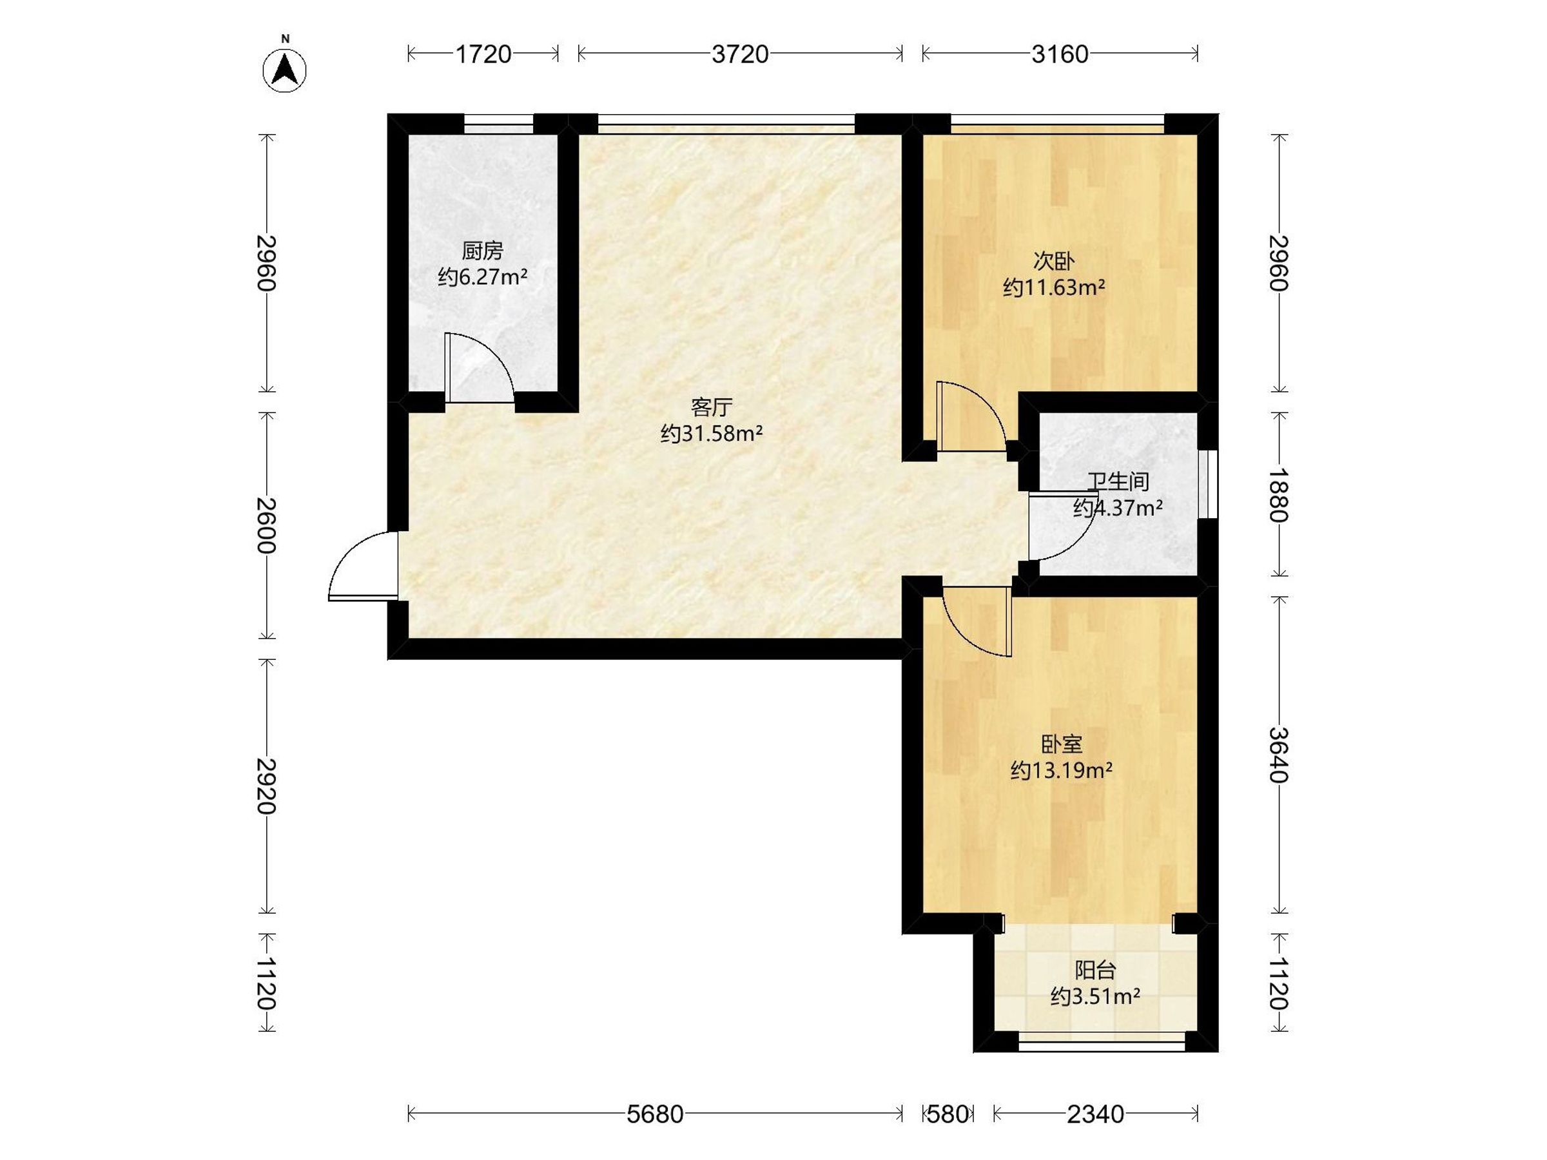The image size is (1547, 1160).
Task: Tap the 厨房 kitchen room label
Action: [x=483, y=250]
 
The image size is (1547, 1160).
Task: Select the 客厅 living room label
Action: [x=711, y=407]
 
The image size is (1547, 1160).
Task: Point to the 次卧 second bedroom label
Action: [x=1054, y=261]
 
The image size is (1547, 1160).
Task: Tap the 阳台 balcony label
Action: [x=1095, y=970]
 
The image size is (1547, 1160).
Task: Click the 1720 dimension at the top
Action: [x=483, y=54]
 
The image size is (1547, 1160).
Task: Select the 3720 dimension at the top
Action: [x=740, y=54]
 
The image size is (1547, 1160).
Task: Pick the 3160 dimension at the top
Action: [x=1060, y=54]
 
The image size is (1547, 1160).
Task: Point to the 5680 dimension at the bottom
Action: [x=655, y=1114]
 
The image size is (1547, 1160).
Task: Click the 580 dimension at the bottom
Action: [x=948, y=1114]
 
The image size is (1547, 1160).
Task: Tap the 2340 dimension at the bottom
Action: [x=1095, y=1114]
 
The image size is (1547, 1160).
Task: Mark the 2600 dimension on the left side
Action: [x=266, y=525]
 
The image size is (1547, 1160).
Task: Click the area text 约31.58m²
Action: [x=711, y=434]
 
